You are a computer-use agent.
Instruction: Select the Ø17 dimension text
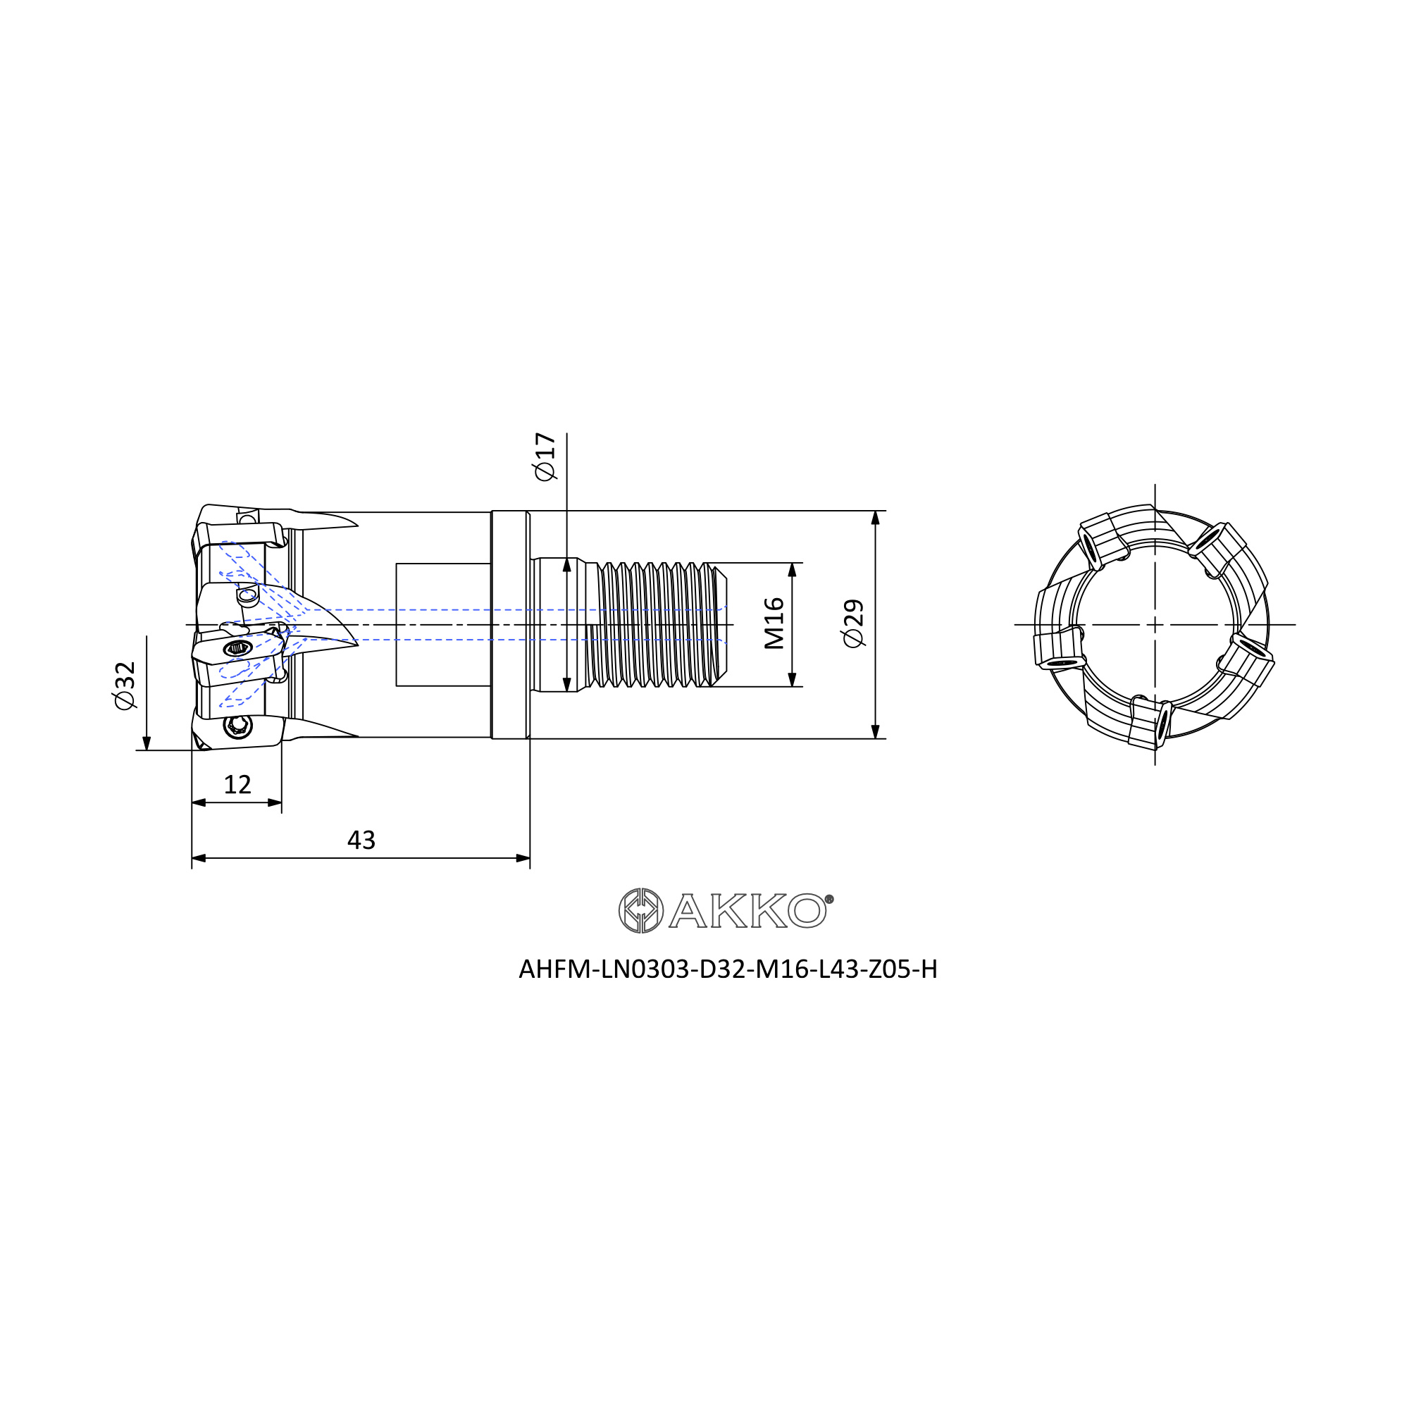click(545, 457)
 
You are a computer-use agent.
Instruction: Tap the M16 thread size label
click(774, 623)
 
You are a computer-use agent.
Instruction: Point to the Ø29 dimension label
click(853, 623)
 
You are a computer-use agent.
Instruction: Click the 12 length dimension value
click(237, 785)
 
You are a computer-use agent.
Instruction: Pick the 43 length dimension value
click(361, 840)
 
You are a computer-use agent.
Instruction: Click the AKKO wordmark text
click(747, 910)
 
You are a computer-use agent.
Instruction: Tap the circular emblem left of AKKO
click(641, 910)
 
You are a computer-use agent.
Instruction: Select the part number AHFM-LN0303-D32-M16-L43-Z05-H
click(728, 969)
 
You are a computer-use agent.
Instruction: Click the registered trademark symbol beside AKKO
click(829, 899)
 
